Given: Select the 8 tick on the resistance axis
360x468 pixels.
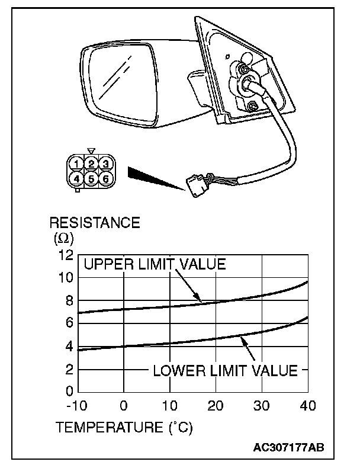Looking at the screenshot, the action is click(68, 300).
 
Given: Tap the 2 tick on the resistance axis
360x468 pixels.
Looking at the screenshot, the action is click(68, 370).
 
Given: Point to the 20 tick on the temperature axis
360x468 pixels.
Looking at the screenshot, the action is click(216, 406).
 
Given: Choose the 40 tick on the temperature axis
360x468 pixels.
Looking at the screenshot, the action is click(308, 406).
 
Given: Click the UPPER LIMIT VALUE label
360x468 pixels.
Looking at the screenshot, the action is click(155, 264).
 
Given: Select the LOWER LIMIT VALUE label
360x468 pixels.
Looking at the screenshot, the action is click(225, 371).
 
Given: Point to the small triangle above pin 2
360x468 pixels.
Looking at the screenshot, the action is click(91, 152).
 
